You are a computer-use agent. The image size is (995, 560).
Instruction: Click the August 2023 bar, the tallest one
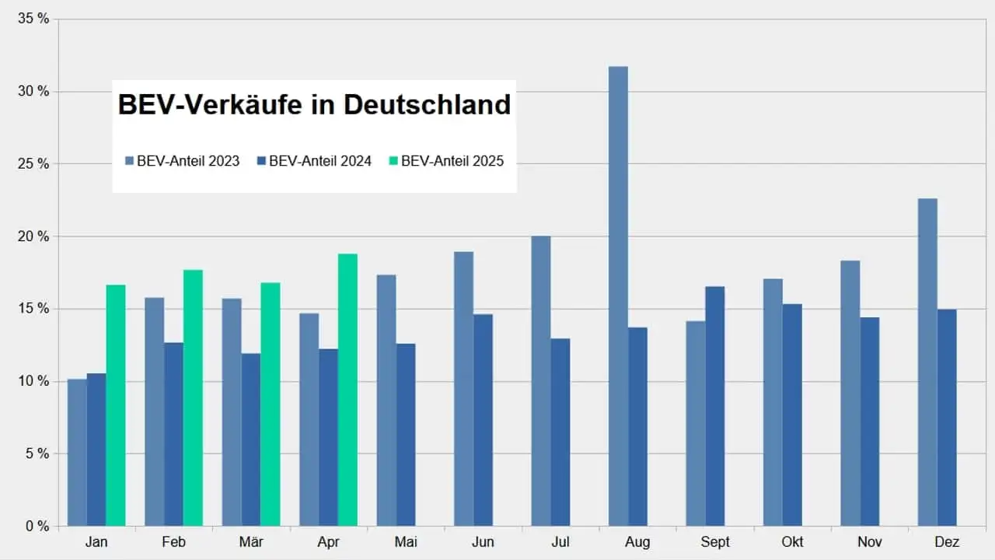click(618, 296)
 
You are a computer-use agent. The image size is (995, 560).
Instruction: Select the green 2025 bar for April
click(347, 389)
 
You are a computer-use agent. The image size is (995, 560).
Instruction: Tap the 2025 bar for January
click(116, 404)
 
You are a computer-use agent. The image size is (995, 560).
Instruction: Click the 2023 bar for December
click(927, 362)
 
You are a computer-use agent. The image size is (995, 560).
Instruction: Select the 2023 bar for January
click(77, 452)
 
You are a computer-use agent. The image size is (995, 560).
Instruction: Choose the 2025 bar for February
click(193, 397)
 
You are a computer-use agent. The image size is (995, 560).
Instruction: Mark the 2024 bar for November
click(870, 421)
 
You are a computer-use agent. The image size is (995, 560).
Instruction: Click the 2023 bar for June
click(464, 388)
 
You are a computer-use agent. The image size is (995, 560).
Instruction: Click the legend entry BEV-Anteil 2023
click(187, 161)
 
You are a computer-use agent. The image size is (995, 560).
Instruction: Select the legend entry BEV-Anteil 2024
click(319, 161)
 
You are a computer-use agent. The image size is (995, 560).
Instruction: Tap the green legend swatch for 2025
click(394, 161)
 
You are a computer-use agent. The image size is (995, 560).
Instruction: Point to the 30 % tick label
click(33, 92)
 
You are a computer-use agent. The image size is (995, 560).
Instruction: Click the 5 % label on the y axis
click(36, 453)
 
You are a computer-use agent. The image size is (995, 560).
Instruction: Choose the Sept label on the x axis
click(715, 542)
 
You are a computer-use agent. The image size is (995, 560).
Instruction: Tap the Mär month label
click(251, 542)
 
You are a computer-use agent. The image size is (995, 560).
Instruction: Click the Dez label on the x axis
click(947, 542)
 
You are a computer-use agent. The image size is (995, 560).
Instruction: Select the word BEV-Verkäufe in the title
click(210, 105)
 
